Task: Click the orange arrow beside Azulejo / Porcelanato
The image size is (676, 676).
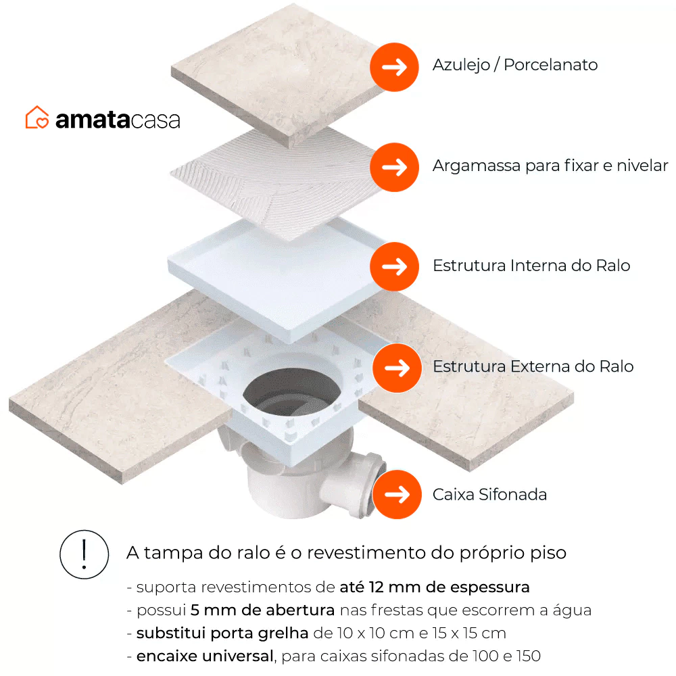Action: (394, 67)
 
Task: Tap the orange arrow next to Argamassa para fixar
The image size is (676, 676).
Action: (394, 167)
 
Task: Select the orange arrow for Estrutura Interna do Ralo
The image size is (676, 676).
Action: (394, 266)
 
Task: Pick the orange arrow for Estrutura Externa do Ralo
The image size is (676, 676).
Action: (397, 368)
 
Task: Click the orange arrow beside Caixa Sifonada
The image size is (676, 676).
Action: (397, 495)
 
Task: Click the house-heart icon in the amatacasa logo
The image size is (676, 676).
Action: (37, 117)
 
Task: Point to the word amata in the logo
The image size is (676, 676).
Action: (93, 120)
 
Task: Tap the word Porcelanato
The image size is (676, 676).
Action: (550, 65)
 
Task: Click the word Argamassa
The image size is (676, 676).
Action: (477, 166)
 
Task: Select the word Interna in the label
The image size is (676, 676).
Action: (539, 266)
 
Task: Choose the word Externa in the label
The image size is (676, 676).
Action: (541, 366)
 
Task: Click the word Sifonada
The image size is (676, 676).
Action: (512, 495)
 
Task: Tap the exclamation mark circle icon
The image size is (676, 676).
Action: (84, 554)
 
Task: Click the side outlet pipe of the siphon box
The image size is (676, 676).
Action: (354, 484)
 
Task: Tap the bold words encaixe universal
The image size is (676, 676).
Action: (205, 656)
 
